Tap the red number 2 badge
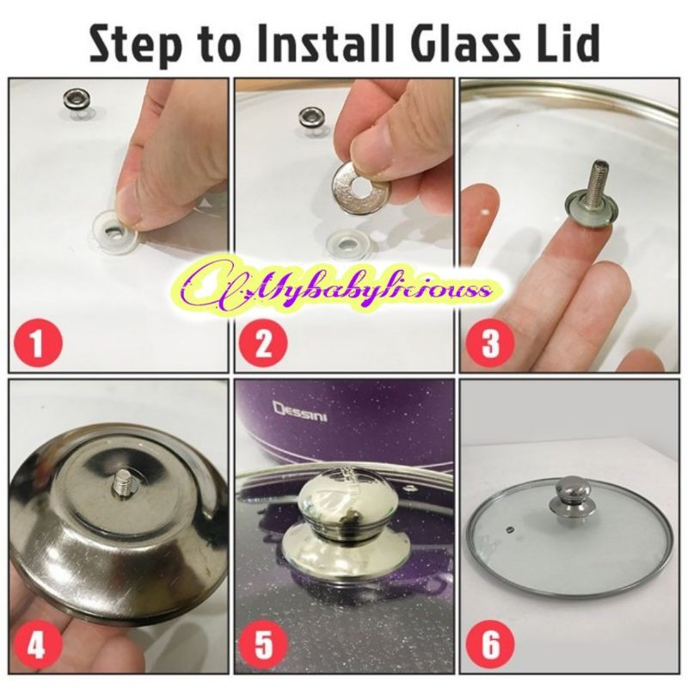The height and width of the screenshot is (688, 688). pos(264,341)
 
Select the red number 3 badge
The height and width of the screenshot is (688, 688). pos(490,341)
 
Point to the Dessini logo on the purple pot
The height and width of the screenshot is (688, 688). pos(300,414)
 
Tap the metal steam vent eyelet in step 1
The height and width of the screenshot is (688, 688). pos(77,97)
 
